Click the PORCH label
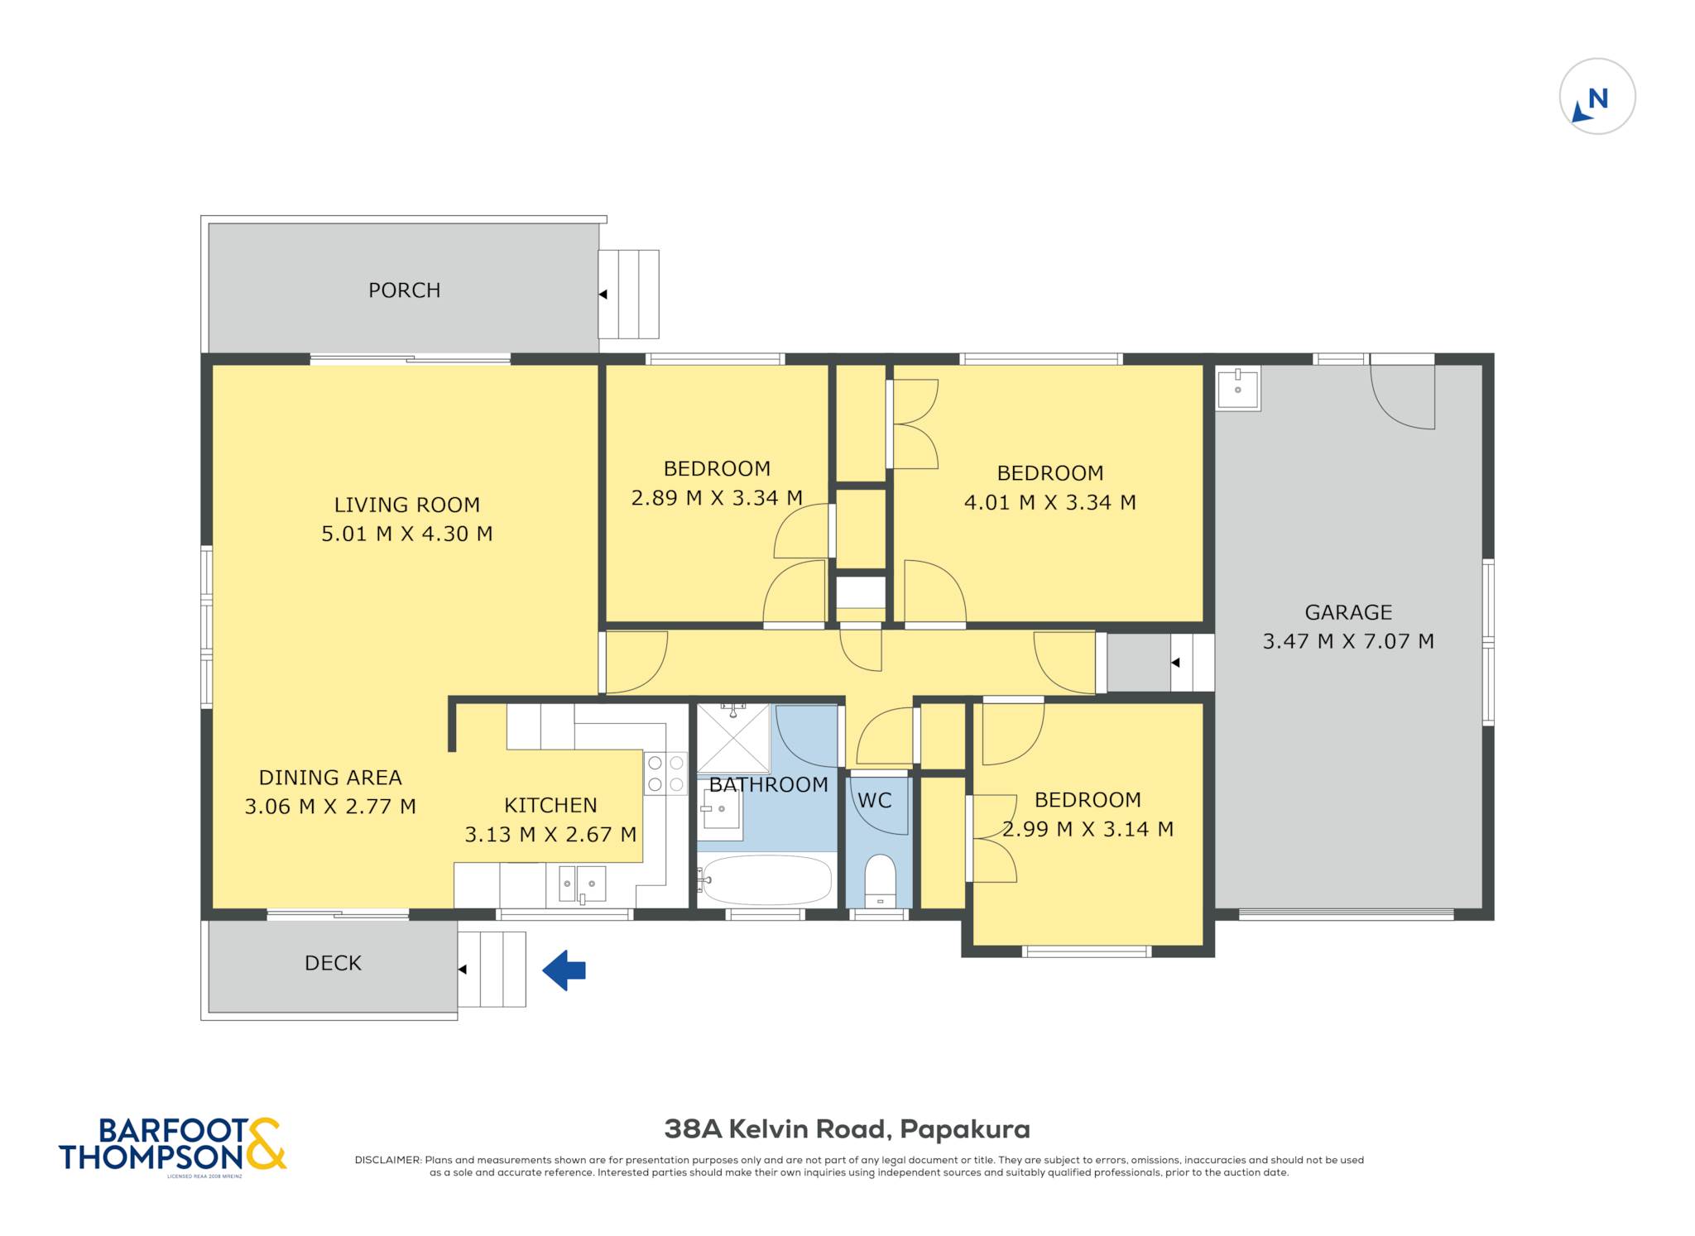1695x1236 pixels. [x=404, y=290]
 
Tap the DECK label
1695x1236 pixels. [x=333, y=963]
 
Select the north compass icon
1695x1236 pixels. [x=1597, y=96]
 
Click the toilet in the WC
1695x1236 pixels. [x=880, y=880]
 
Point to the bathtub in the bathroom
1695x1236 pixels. [x=766, y=880]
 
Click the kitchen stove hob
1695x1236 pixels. [x=665, y=774]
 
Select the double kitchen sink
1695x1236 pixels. [x=582, y=884]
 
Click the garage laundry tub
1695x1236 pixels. [x=1238, y=388]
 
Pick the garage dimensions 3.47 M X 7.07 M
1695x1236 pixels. [x=1347, y=641]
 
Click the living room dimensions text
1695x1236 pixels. [x=406, y=534]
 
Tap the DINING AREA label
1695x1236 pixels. [x=330, y=778]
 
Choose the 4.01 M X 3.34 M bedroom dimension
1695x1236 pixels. [x=1049, y=502]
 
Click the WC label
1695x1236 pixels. [x=875, y=800]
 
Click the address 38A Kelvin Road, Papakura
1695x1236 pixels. [x=847, y=1129]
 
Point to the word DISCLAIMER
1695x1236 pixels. [x=388, y=1160]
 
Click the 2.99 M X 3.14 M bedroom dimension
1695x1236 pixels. [x=1088, y=829]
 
